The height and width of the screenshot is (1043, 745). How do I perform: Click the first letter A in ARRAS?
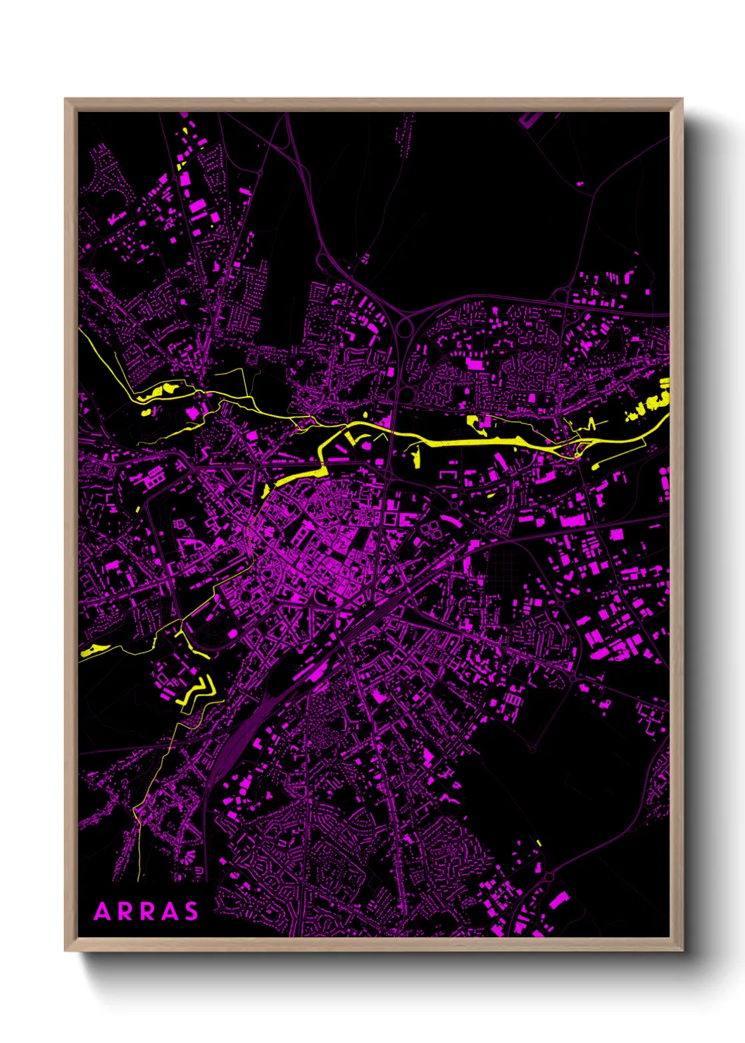103,912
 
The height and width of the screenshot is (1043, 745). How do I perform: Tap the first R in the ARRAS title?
125,912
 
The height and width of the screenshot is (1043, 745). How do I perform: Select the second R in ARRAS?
147,912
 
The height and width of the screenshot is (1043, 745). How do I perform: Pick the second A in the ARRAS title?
169,912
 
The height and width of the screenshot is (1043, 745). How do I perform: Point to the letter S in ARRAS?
191,912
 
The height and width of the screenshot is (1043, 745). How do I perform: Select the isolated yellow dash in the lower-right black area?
539,842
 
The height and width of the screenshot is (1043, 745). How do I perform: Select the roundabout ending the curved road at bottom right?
549,876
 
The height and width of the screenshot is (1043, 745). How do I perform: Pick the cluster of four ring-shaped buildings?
431,529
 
